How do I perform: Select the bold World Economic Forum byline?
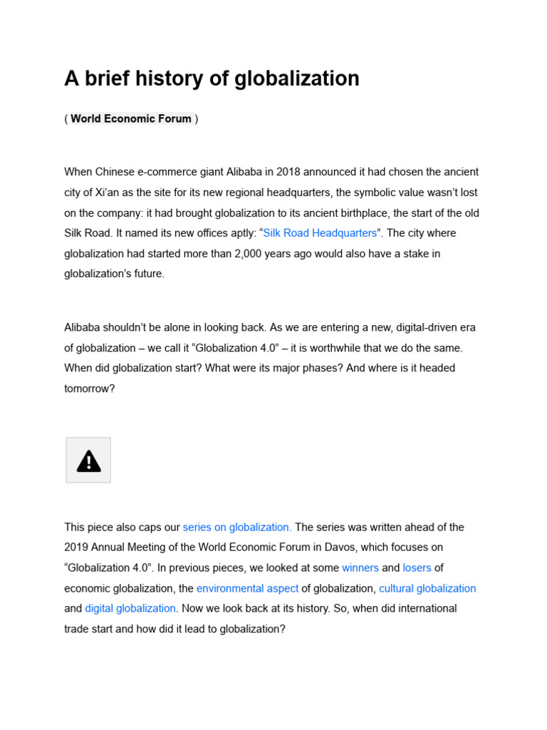[x=131, y=118]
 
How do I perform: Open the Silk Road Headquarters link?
[x=320, y=233]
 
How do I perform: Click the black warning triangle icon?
[x=88, y=461]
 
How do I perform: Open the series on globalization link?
[x=237, y=528]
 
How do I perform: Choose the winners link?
[x=360, y=568]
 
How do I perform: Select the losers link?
[x=417, y=568]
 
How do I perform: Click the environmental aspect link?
[x=247, y=588]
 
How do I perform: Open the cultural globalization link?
[x=427, y=588]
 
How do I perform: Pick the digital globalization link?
[x=130, y=609]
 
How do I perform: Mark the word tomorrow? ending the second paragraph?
[x=89, y=389]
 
